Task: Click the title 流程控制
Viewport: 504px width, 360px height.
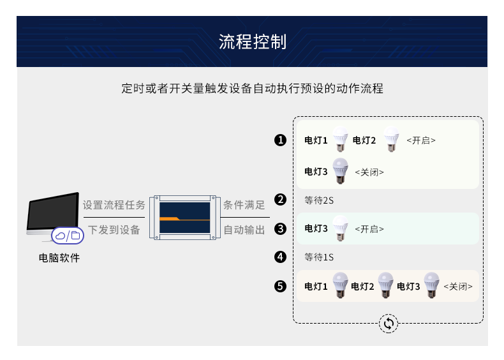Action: pos(252,42)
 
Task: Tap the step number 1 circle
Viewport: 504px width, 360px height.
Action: pos(280,140)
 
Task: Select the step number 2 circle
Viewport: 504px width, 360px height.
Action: pos(280,200)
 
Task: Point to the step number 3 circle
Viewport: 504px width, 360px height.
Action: pos(280,229)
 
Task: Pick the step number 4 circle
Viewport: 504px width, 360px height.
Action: pos(280,257)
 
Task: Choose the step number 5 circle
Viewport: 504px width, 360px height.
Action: pos(280,287)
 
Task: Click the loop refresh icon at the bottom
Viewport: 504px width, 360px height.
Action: pos(388,324)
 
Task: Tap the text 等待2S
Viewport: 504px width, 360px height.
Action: pos(320,200)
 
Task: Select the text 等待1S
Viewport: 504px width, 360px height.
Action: pos(320,257)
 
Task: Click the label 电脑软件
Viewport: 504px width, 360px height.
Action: pos(59,259)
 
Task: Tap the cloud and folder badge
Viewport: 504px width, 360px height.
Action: pos(67,236)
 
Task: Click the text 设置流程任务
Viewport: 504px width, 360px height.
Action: pos(114,206)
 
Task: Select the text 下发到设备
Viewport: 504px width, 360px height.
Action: pos(114,229)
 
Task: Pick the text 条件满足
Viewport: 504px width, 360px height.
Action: pos(244,206)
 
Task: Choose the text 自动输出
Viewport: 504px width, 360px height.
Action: pos(244,229)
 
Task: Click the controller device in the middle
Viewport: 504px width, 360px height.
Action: pos(184,218)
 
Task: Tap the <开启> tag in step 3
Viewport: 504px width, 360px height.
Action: pos(369,229)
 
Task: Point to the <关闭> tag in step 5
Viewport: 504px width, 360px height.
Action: pos(458,287)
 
